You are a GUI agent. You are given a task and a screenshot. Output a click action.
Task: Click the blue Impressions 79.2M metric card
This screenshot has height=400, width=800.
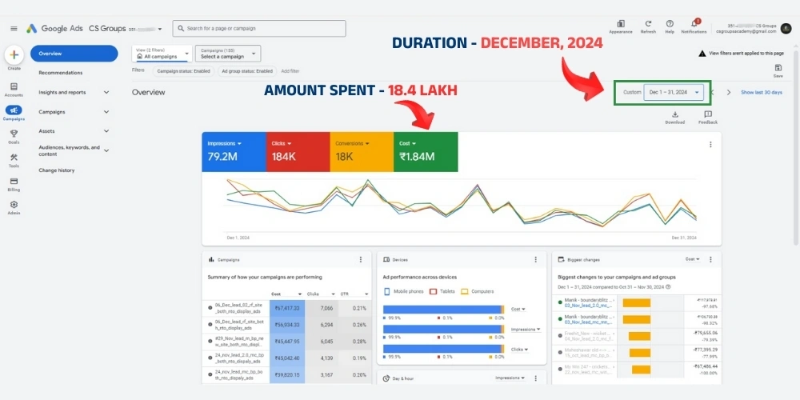pyautogui.click(x=234, y=151)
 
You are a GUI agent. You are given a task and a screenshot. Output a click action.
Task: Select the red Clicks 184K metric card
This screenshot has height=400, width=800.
pyautogui.click(x=298, y=151)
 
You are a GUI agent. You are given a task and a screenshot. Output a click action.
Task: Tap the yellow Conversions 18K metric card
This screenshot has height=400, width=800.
pyautogui.click(x=362, y=151)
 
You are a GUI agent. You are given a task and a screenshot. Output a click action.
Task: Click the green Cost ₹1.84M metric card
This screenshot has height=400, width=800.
pyautogui.click(x=426, y=151)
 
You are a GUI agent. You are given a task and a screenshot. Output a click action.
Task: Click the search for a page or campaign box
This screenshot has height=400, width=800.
pyautogui.click(x=259, y=29)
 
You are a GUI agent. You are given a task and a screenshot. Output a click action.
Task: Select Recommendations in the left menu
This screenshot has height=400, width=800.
pyautogui.click(x=61, y=73)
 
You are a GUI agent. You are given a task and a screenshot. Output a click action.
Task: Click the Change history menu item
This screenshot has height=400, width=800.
pyautogui.click(x=57, y=170)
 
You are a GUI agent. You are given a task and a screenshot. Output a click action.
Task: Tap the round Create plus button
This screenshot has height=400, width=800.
pyautogui.click(x=14, y=55)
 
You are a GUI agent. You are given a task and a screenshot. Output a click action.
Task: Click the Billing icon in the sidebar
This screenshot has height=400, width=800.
pyautogui.click(x=14, y=183)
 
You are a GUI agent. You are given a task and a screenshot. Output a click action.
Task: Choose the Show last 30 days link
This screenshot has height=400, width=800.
pyautogui.click(x=762, y=92)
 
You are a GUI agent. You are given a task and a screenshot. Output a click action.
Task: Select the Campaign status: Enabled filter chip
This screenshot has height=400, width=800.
pyautogui.click(x=183, y=70)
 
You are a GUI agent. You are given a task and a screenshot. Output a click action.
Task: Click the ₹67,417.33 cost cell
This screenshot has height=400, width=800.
pyautogui.click(x=286, y=307)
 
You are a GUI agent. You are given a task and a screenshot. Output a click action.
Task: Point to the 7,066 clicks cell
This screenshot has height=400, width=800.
pyautogui.click(x=326, y=307)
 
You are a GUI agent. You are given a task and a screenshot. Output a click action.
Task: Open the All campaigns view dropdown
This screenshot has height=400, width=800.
pyautogui.click(x=163, y=54)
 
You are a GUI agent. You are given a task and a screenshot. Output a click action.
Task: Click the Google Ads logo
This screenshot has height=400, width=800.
pyautogui.click(x=54, y=28)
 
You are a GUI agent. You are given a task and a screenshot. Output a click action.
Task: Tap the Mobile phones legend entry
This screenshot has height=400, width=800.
pyautogui.click(x=405, y=291)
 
